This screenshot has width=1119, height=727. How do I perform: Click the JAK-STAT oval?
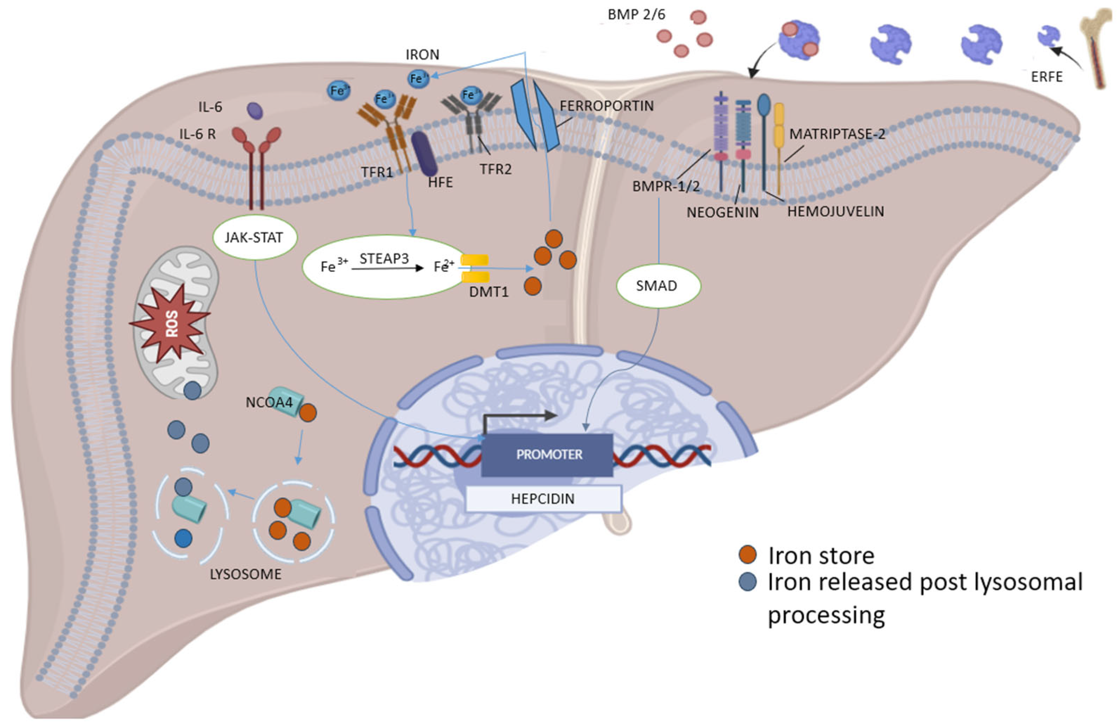[x=254, y=237]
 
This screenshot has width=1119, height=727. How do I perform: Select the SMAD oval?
[x=658, y=286]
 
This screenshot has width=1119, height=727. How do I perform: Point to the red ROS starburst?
[x=172, y=323]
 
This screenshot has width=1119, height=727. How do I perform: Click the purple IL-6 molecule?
[x=255, y=111]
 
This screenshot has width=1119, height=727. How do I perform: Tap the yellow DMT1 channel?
[x=475, y=268]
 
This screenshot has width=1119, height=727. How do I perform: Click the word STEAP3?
[x=384, y=258]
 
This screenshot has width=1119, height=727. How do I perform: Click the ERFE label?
[x=1047, y=77]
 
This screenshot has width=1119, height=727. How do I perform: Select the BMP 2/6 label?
[x=636, y=15]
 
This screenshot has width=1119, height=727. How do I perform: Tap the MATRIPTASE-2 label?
[x=837, y=134]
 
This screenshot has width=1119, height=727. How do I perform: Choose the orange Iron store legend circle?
[x=747, y=555]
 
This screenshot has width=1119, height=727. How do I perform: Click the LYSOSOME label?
[x=245, y=574]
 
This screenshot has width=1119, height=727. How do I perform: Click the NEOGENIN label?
[x=723, y=212]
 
